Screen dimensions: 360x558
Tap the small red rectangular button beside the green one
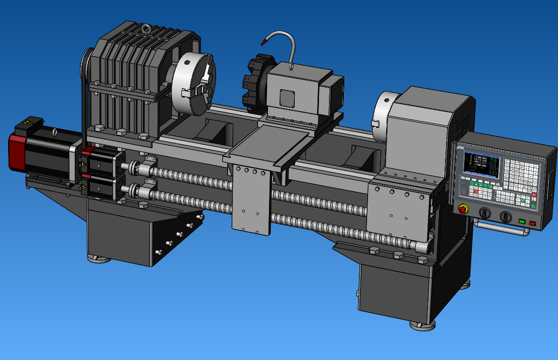click(x=532, y=222)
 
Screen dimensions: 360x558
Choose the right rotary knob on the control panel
click(x=506, y=217)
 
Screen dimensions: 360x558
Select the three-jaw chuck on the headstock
click(x=193, y=84)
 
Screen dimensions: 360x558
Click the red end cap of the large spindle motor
click(x=17, y=152)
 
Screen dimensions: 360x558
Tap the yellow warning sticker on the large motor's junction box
click(x=27, y=123)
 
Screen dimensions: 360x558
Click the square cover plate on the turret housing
click(x=288, y=98)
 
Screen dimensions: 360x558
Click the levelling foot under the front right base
click(x=422, y=325)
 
